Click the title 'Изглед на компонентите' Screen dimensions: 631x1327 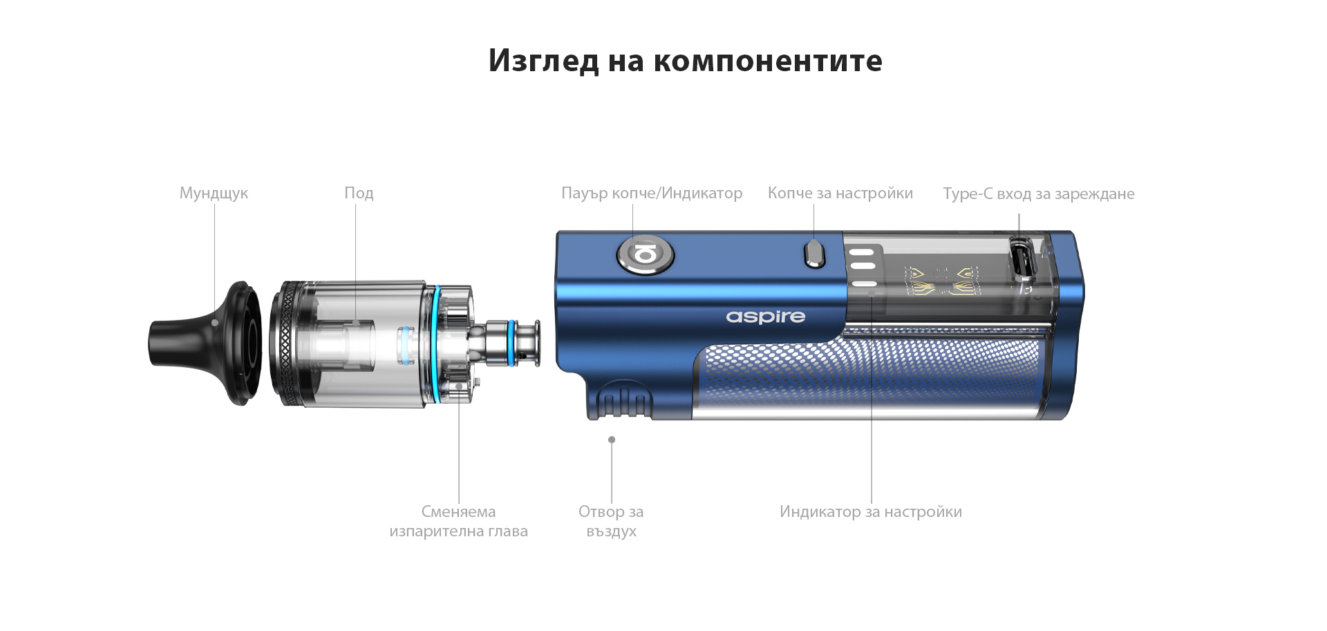tap(685, 61)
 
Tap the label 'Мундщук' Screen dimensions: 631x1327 tap(214, 193)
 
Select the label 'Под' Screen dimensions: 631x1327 tap(359, 193)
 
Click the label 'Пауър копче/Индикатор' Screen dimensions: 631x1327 tap(652, 193)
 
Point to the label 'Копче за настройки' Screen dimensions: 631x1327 tap(840, 193)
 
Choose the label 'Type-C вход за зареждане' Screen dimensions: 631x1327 tap(1038, 194)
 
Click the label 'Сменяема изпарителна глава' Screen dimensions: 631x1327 tap(458, 521)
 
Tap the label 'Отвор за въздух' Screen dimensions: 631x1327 tap(611, 521)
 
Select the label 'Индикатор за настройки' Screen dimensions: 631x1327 tap(870, 511)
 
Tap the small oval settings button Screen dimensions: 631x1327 tap(815, 254)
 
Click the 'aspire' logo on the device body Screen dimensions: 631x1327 tap(765, 317)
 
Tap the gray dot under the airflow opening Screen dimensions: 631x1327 tap(612, 440)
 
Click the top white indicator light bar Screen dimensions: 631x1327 tap(862, 252)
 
